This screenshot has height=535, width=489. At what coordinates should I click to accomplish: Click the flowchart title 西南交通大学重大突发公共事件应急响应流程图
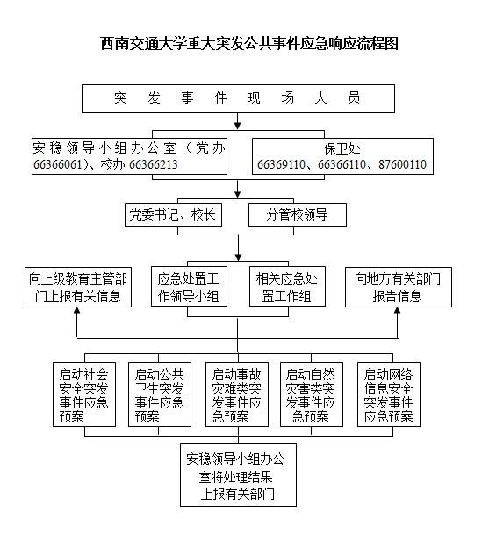pos(249,44)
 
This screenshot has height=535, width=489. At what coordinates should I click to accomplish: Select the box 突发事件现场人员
pos(238,98)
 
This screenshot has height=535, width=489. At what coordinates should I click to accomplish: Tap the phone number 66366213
pos(154,164)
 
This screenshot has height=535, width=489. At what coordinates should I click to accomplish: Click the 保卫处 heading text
pos(342,148)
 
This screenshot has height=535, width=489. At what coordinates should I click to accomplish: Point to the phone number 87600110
pos(402,164)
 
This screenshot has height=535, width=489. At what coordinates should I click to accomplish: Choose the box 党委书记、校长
pos(173,215)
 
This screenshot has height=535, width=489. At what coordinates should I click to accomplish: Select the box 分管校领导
pos(298,215)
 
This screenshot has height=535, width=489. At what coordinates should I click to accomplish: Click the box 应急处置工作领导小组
pos(189,286)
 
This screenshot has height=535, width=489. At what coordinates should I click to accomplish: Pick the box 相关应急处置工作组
pos(287,286)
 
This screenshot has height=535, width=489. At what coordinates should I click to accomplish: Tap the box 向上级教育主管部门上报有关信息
pos(78,287)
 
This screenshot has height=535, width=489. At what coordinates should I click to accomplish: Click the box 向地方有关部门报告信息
pos(399,287)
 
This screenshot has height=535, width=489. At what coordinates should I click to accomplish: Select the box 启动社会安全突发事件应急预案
pos(84,394)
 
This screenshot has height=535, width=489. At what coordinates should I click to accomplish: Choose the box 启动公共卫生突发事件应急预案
pos(160,394)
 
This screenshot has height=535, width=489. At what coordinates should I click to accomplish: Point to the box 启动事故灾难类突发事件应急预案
pos(237,394)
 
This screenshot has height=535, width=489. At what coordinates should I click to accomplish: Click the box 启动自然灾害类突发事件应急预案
pos(312,394)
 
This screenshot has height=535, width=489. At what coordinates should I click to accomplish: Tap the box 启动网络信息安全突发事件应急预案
pos(389,394)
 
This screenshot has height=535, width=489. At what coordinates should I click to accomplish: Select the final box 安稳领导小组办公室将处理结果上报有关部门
pos(238,474)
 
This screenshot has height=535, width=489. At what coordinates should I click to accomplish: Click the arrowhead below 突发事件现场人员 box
pos(238,126)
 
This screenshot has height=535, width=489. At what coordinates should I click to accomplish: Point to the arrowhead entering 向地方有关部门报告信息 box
pos(398,310)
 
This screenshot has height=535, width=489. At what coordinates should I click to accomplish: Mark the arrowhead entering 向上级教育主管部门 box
pos(77,310)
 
